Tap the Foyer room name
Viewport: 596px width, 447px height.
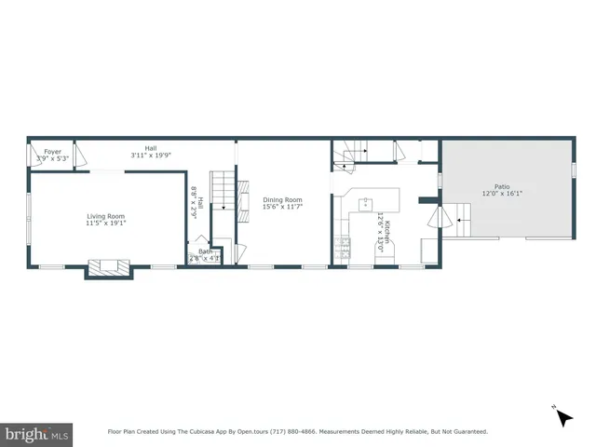(x=53, y=151)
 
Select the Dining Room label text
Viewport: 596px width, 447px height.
(x=282, y=199)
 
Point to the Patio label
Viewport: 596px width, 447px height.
(x=502, y=187)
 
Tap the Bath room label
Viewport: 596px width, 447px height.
(x=205, y=251)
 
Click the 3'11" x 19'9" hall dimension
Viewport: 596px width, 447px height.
(x=150, y=156)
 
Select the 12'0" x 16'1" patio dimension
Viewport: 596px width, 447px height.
(x=502, y=194)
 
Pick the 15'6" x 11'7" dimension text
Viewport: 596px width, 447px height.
(x=282, y=206)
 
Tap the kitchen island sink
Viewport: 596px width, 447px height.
(x=367, y=201)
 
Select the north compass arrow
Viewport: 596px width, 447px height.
(x=562, y=416)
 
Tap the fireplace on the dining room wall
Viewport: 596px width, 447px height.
(x=244, y=198)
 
